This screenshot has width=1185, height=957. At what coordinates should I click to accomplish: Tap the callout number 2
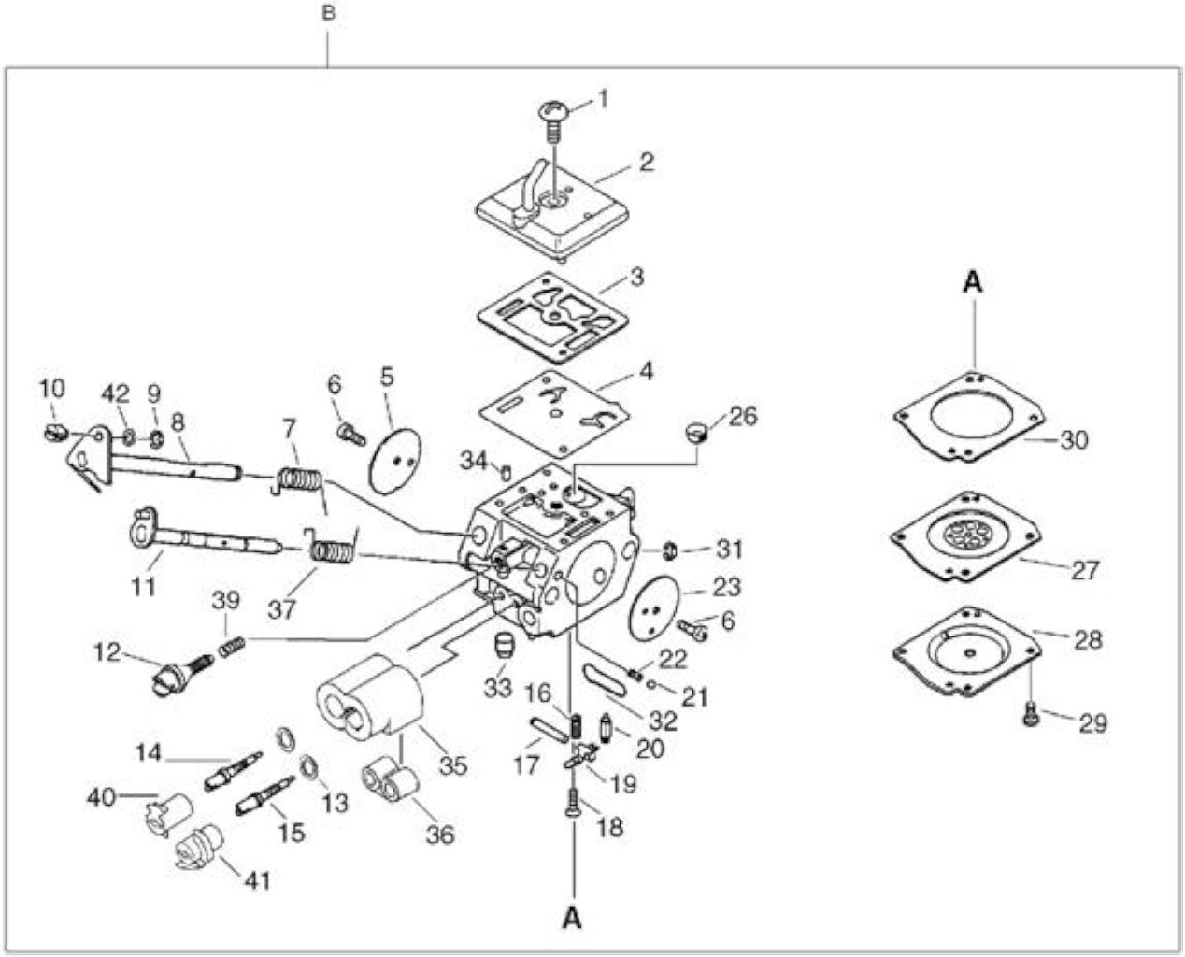[x=647, y=162]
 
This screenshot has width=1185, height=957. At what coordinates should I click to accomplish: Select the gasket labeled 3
[x=553, y=319]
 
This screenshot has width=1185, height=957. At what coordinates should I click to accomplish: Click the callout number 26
[x=744, y=416]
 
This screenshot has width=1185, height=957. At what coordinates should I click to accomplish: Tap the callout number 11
[x=144, y=586]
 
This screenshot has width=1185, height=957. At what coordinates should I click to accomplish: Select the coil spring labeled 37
[x=332, y=550]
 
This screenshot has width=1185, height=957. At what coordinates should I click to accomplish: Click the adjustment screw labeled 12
[x=182, y=672]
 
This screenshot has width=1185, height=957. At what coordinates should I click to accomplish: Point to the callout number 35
[x=453, y=766]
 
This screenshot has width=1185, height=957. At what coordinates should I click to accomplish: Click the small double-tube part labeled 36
[x=390, y=782]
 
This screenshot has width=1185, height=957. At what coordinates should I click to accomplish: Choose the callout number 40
[x=101, y=798]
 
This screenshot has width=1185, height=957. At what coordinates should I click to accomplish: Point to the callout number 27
[x=1085, y=570]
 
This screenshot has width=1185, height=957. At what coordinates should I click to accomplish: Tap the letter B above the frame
[x=329, y=13]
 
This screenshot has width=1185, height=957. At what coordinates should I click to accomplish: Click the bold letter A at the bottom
[x=572, y=918]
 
